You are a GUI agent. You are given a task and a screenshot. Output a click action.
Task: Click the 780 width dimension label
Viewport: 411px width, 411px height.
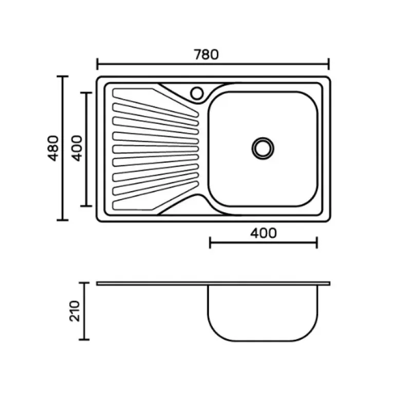(206, 54)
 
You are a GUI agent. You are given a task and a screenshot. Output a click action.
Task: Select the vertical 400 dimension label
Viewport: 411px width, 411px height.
(77, 148)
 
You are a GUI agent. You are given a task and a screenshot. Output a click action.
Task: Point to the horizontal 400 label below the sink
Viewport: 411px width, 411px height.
(264, 233)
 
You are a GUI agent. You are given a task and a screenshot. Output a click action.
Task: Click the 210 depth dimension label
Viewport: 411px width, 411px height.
(74, 311)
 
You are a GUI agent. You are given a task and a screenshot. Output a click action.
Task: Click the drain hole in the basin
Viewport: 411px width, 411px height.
(263, 148)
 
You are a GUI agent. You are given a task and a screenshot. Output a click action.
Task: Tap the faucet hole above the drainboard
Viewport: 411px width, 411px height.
(197, 94)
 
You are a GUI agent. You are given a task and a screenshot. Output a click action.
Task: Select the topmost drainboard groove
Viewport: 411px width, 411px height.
(156, 102)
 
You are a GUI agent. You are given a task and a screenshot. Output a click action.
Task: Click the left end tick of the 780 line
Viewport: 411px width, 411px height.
(98, 64)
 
